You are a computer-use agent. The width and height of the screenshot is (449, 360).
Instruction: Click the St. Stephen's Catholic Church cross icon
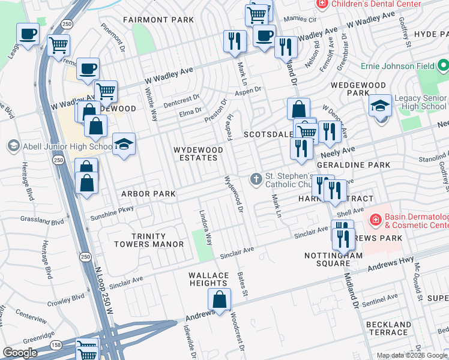(x=256, y=179)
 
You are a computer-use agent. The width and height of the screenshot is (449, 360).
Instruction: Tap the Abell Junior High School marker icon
(x=13, y=146)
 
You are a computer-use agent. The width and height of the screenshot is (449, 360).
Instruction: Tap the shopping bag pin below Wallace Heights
(x=220, y=300)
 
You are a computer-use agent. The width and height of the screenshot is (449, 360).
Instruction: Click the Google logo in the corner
(x=20, y=353)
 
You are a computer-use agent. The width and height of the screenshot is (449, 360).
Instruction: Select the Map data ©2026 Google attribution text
(x=412, y=355)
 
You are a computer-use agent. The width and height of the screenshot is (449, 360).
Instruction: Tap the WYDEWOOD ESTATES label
(x=195, y=153)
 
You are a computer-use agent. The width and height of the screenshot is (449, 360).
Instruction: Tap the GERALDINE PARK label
(x=362, y=165)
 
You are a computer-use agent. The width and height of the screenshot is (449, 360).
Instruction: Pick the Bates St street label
(x=243, y=284)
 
